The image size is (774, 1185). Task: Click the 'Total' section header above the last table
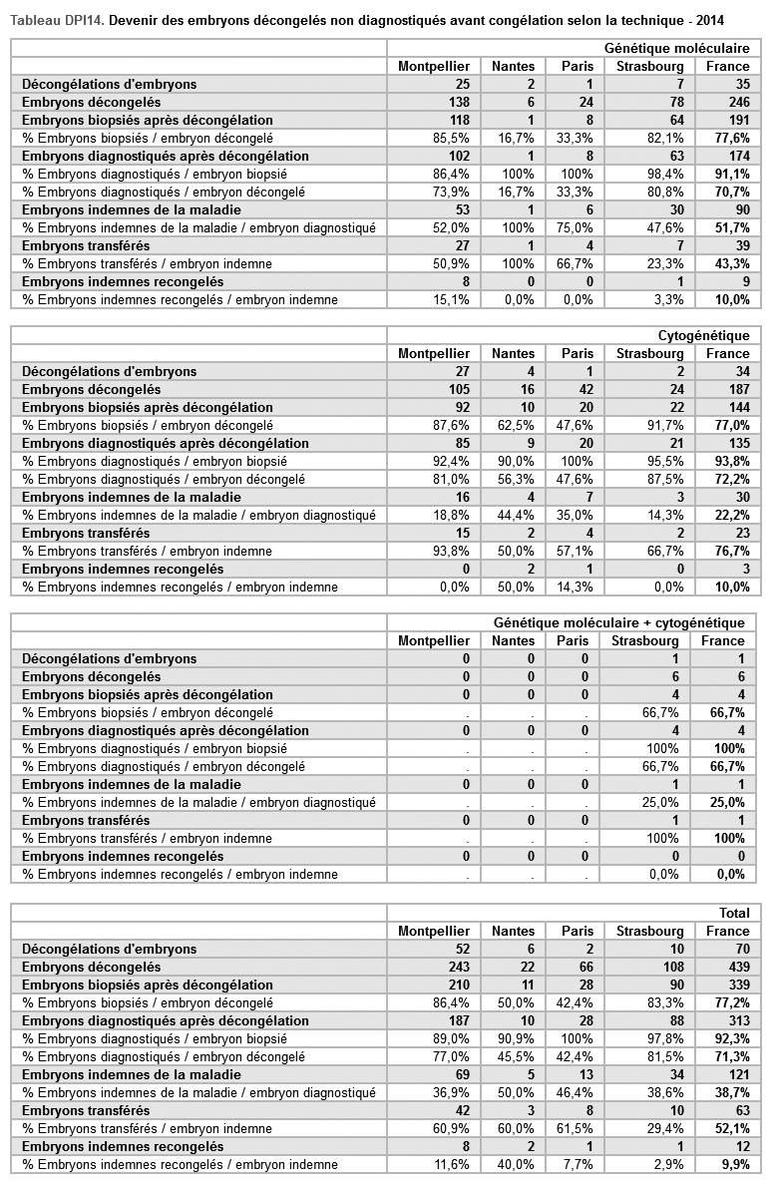coord(734,913)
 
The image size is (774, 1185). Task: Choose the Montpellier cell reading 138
coord(455,102)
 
